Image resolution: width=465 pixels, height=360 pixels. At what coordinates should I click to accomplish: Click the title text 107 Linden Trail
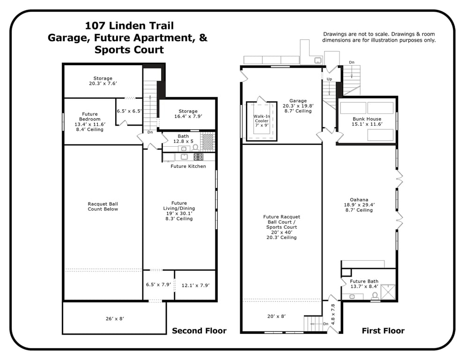coord(129,26)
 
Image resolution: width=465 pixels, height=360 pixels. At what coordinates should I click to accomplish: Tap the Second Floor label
coord(199,330)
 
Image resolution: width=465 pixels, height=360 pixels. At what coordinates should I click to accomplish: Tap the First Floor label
coord(383,330)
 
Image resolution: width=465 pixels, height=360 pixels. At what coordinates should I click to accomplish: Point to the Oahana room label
coord(359,200)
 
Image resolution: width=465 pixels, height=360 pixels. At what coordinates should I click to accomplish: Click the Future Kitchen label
coord(188,166)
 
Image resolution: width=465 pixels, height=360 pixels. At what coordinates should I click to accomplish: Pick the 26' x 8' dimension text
coord(115,318)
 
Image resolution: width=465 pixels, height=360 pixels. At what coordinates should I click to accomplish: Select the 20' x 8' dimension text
coord(276,316)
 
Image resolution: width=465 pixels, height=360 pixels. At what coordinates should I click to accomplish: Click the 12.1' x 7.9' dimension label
coord(195,285)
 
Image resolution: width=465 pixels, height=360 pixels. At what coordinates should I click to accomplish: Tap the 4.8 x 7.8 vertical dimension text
coord(333,314)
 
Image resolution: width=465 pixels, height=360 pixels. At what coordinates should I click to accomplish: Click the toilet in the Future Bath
coord(375,296)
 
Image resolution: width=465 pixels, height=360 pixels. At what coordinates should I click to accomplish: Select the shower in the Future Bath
coord(388,292)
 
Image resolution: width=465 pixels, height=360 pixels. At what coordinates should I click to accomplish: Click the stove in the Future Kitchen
coord(199,157)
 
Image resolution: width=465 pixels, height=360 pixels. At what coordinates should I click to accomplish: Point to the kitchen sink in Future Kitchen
coord(184,157)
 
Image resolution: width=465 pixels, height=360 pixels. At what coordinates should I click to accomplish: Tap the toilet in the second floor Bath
coord(195,148)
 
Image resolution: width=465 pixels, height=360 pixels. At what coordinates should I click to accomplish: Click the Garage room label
coord(298,101)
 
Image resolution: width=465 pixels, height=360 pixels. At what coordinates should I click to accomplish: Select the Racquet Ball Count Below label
coord(103,207)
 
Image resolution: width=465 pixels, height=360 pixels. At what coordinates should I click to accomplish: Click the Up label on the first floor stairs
coord(329,79)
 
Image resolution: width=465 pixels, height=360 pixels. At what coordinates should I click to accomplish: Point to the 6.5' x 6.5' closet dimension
coord(129,111)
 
